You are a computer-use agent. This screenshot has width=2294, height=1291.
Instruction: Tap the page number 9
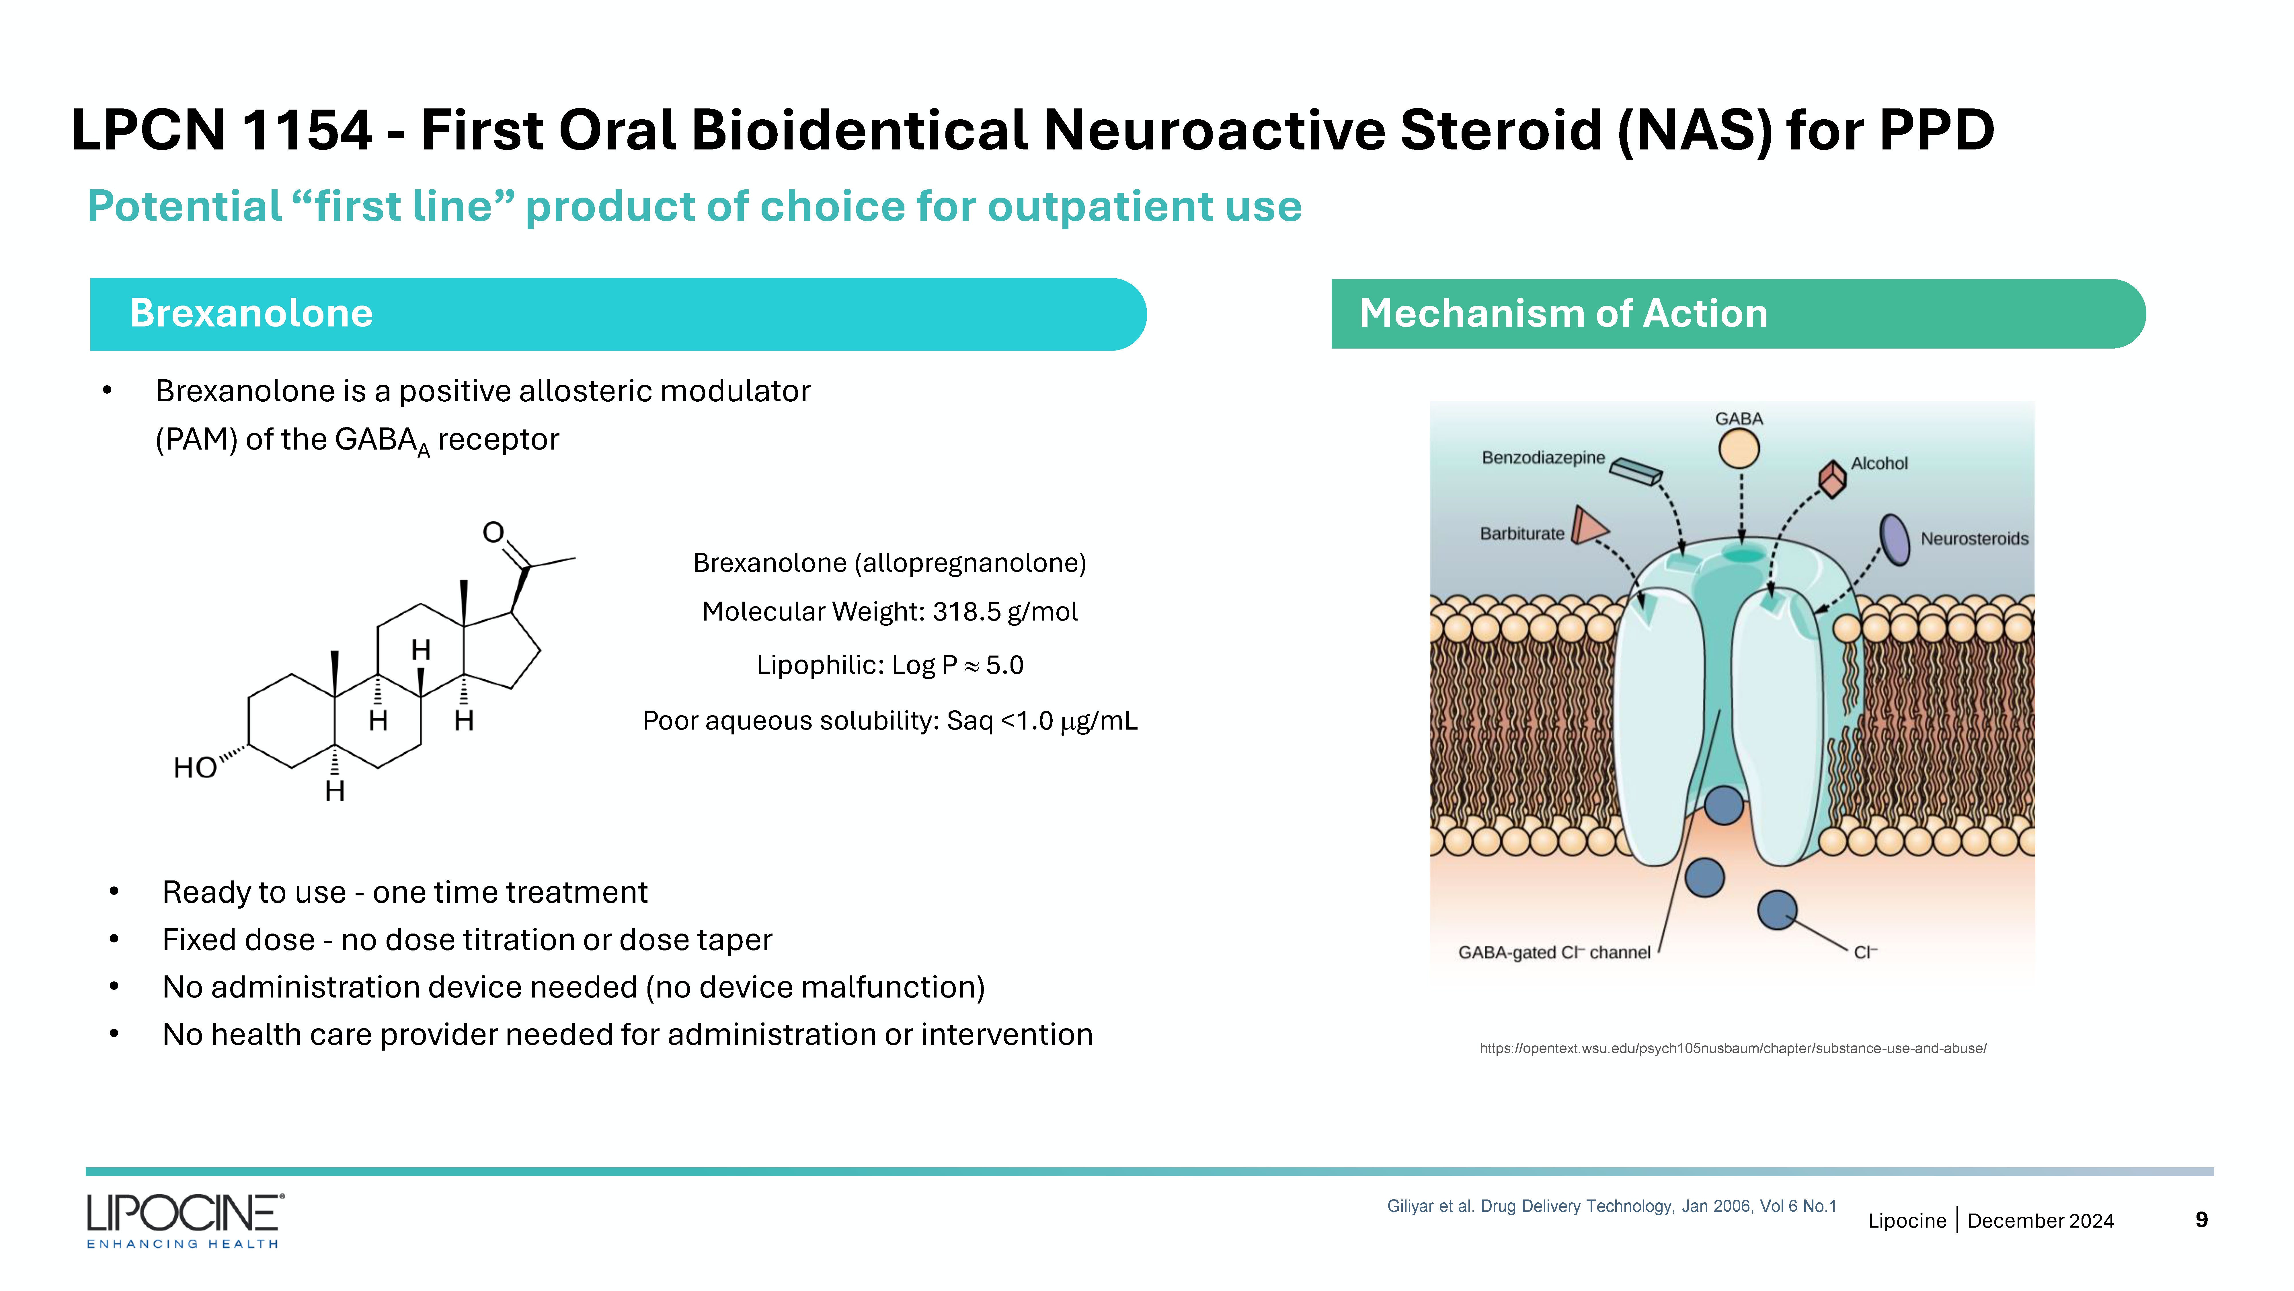pos(2201,1220)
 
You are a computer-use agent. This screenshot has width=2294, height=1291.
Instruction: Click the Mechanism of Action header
pos(1738,314)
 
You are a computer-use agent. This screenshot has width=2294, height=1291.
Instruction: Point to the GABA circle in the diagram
pos(1739,448)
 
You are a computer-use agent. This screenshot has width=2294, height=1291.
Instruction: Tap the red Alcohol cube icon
pos(1832,479)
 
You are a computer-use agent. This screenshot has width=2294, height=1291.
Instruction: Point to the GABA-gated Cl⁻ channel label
pos(1554,952)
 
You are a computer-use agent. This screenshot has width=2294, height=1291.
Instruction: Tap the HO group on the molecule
pos(195,768)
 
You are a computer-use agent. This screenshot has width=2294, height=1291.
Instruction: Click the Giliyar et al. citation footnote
pos(1612,1206)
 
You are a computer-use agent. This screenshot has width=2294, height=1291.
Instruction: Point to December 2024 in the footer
pos(2040,1221)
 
